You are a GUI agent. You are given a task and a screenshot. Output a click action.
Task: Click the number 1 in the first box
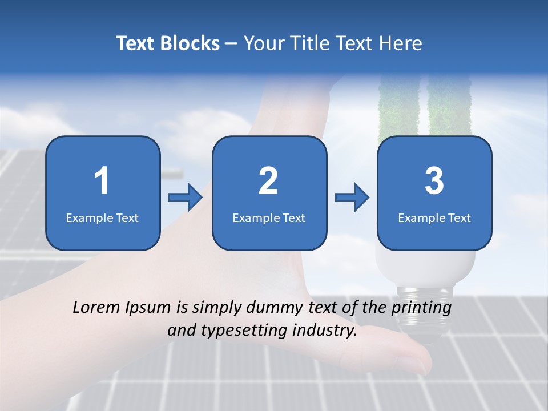[102, 181]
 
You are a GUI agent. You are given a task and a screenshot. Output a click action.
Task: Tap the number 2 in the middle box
[268, 181]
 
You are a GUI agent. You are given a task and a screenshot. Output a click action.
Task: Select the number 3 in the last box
[434, 181]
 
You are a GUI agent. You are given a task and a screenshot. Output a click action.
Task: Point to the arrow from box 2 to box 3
[352, 198]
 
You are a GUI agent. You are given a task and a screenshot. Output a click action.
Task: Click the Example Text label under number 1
[102, 218]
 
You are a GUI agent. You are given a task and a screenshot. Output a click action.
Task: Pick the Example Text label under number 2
[269, 218]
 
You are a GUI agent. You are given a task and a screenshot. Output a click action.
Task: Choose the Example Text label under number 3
[434, 218]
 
